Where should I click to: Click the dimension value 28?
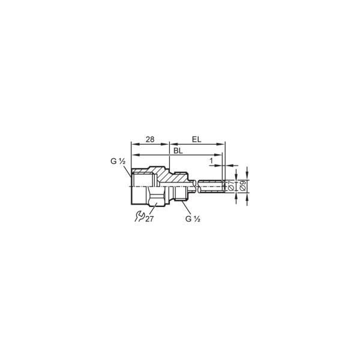[150, 139]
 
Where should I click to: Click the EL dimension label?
[196, 139]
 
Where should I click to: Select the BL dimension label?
[178, 151]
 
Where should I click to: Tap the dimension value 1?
[211, 161]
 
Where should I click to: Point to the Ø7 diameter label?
[231, 185]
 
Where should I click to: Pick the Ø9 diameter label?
[242, 185]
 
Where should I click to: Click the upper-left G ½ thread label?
[118, 161]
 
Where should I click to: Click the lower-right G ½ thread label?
[193, 219]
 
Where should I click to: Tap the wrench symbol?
[139, 217]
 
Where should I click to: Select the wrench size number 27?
[149, 219]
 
